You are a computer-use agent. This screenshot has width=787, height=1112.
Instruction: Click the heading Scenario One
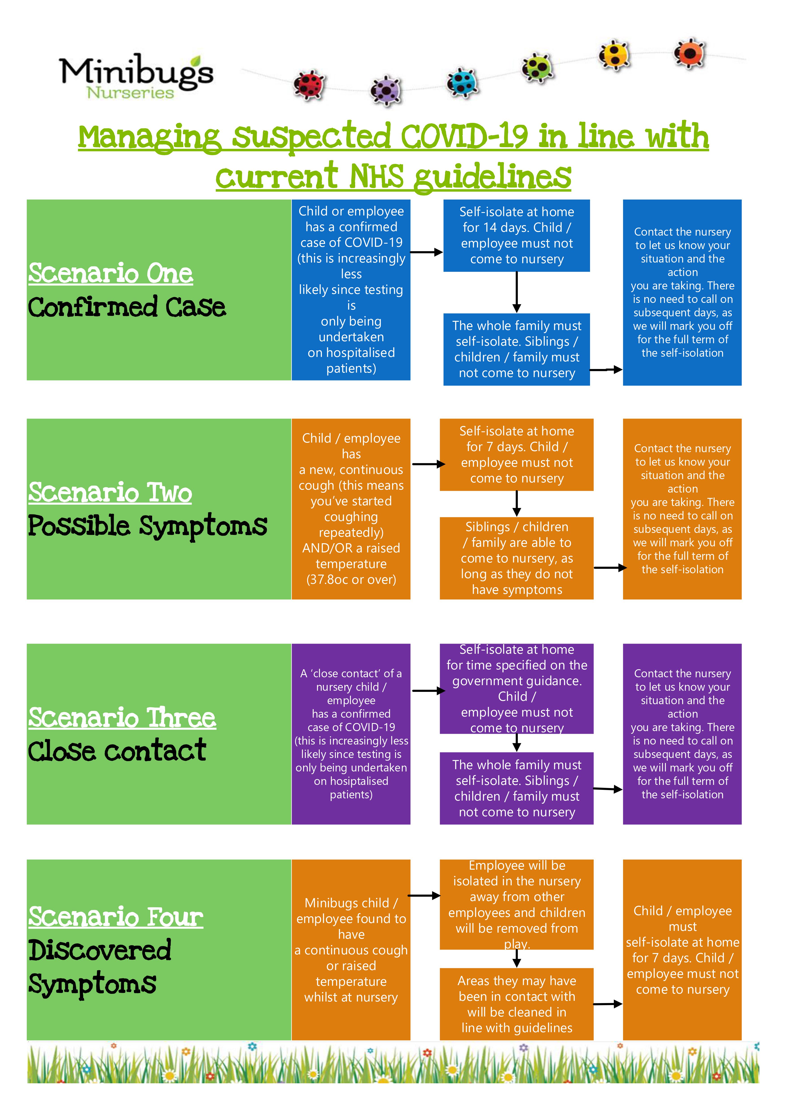[111, 274]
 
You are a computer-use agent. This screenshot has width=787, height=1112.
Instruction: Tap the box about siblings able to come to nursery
[517, 558]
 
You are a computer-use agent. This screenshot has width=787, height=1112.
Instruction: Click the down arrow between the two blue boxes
[517, 292]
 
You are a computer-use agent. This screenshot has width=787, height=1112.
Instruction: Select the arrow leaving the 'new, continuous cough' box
[428, 464]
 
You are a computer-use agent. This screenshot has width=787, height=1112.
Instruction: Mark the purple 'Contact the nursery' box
[682, 734]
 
